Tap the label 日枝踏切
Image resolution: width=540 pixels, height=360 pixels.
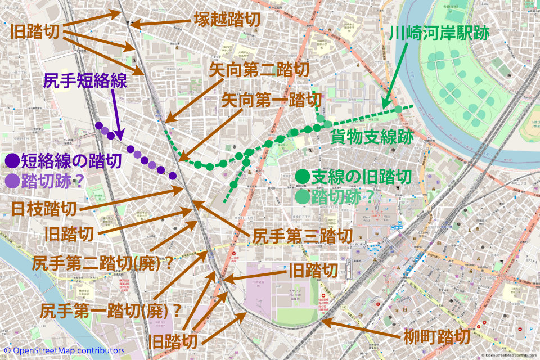pyautogui.click(x=44, y=209)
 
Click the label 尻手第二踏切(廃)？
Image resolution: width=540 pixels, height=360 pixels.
pyautogui.click(x=102, y=262)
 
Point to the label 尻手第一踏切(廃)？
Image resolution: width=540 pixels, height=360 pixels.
pyautogui.click(x=112, y=309)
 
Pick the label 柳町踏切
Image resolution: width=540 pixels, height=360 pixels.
pyautogui.click(x=436, y=338)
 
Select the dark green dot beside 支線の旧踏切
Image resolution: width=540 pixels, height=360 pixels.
pyautogui.click(x=303, y=177)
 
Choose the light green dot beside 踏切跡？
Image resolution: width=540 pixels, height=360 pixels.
pyautogui.click(x=303, y=196)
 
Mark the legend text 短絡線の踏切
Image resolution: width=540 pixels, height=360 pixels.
pyautogui.click(x=71, y=162)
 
